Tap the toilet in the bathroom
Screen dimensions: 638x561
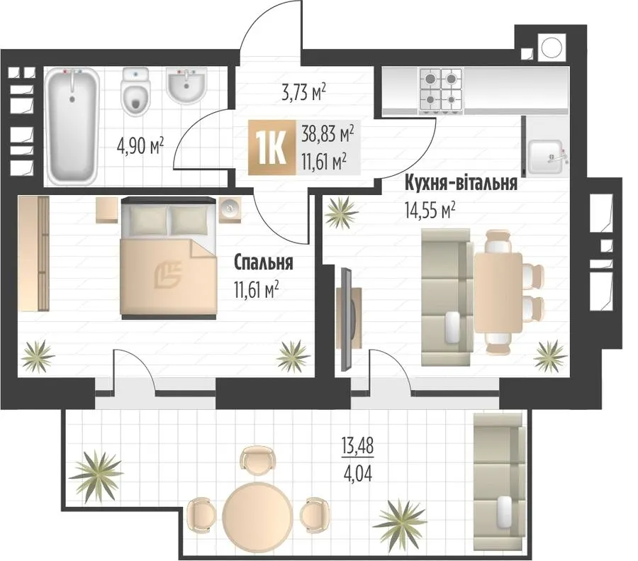click(136, 92)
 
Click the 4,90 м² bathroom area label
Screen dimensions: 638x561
click(140, 145)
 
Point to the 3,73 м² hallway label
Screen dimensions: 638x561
click(304, 92)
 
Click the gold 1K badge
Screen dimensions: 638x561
click(272, 148)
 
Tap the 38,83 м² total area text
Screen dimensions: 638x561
click(328, 133)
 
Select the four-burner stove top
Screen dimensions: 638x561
click(441, 89)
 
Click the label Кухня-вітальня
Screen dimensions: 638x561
click(461, 183)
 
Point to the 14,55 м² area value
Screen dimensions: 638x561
click(430, 210)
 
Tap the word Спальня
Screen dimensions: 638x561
click(264, 262)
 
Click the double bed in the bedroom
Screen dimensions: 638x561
click(168, 257)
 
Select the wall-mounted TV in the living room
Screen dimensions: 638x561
click(346, 319)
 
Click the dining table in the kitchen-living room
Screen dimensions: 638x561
click(498, 293)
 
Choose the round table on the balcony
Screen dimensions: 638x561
click(257, 512)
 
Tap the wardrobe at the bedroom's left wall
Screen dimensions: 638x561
click(34, 253)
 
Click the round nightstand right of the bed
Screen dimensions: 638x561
click(230, 209)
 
